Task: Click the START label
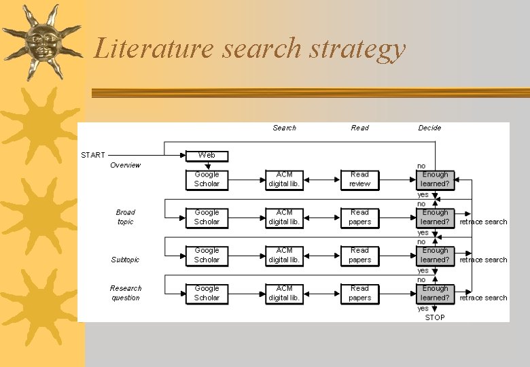pos(93,155)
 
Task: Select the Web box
pos(207,156)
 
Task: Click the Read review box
pos(359,179)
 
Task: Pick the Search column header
pos(284,128)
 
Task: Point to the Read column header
pos(359,128)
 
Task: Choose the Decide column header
pos(429,128)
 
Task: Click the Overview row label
pos(125,165)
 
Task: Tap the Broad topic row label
pos(125,217)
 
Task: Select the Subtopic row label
pos(125,260)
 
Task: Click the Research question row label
pos(126,293)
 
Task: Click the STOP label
pos(435,317)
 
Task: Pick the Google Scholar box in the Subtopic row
pos(207,255)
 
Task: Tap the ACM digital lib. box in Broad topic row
pos(284,217)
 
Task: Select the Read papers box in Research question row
pos(359,293)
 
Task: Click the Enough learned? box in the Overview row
pos(435,179)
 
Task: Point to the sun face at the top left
pos(42,42)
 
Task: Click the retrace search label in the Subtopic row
pos(483,260)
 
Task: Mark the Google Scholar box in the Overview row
pos(207,179)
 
